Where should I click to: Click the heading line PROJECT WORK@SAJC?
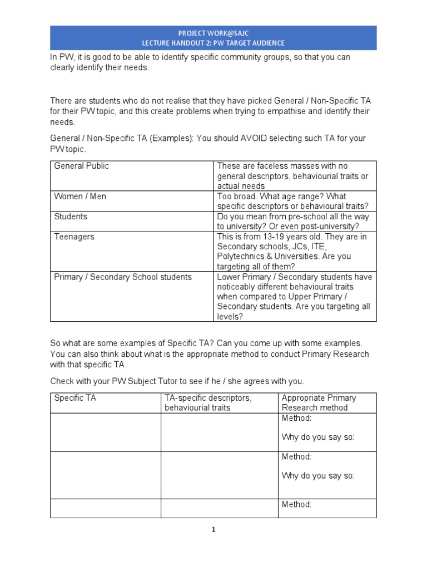(213, 33)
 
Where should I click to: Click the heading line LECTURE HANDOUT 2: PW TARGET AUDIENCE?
(213, 43)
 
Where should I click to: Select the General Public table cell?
(82, 166)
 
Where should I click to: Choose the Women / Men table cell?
(80, 196)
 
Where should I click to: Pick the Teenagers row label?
(74, 237)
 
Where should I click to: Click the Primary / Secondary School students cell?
(123, 277)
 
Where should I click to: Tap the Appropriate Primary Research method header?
(319, 402)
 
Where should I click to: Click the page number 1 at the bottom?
(213, 530)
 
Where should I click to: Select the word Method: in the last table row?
(296, 504)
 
